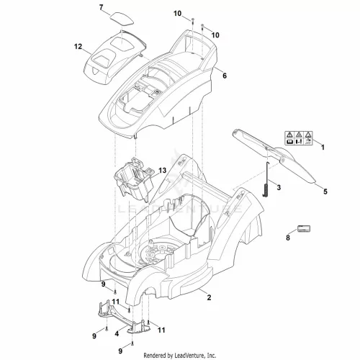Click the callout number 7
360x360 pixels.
click(101, 7)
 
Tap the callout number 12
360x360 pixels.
click(78, 46)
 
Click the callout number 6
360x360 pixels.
click(225, 76)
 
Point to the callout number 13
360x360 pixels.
click(162, 171)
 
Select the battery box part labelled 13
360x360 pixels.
click(133, 179)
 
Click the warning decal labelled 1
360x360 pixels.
click(299, 138)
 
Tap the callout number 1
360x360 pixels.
click(323, 147)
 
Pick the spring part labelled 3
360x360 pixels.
click(266, 180)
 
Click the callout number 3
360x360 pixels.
click(279, 187)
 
